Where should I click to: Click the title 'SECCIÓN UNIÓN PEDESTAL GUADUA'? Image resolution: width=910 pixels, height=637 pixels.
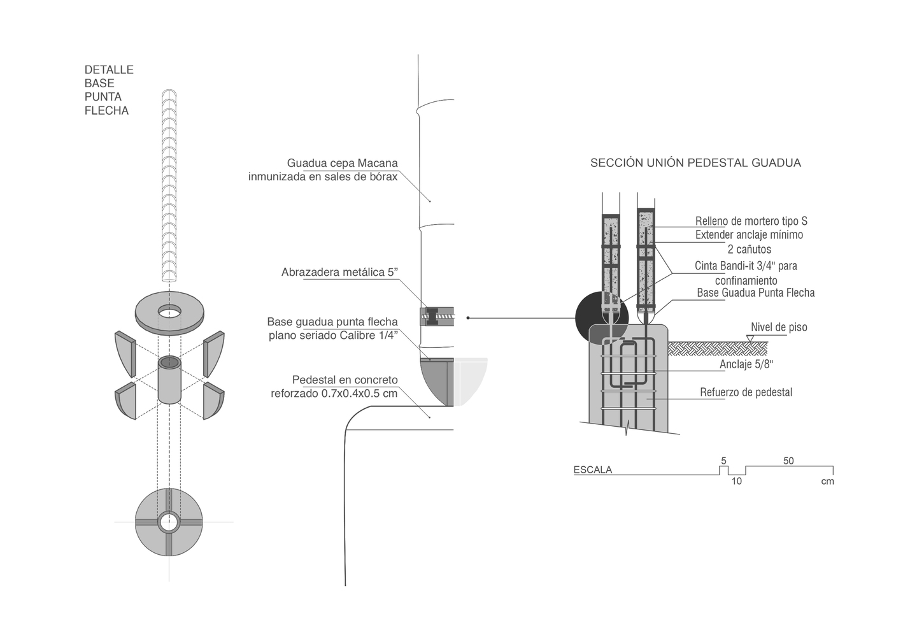point(695,163)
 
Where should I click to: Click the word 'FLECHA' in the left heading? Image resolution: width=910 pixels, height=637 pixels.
point(106,111)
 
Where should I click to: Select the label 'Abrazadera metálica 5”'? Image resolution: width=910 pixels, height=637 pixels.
point(339,273)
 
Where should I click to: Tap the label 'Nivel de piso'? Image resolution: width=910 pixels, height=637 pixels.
point(779,327)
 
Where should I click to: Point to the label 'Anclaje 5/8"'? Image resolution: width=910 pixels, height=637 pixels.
point(746,364)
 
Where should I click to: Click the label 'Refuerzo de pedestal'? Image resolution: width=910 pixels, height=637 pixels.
point(746,392)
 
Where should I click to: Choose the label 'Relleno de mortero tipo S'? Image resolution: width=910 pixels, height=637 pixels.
point(751,222)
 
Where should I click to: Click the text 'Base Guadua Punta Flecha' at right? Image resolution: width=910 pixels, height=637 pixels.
point(755,293)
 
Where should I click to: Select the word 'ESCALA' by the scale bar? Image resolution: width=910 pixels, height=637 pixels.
point(593,470)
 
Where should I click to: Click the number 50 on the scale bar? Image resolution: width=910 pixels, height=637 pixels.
point(788,461)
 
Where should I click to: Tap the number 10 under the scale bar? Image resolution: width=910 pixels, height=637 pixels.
point(736,482)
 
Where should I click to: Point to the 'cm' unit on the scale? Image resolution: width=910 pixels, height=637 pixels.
point(827,482)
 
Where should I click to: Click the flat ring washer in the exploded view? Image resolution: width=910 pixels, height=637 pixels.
point(169,312)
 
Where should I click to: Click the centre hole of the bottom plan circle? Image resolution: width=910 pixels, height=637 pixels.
point(169,522)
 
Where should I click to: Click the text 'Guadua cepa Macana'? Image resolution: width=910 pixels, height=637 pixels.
point(342,163)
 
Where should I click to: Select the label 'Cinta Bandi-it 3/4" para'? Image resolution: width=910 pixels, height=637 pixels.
point(746,266)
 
